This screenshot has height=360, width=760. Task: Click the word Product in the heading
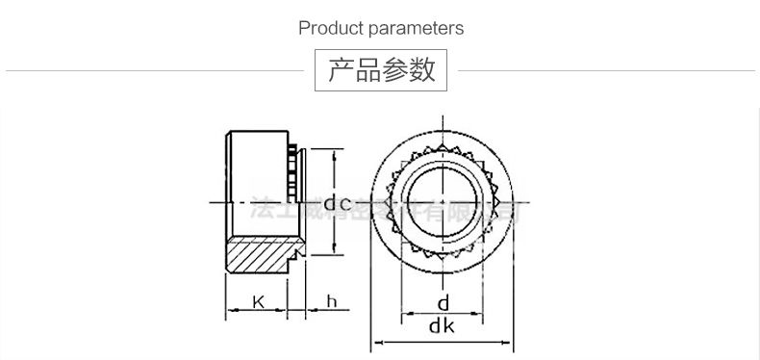(331, 28)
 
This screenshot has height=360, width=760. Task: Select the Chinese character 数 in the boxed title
(422, 70)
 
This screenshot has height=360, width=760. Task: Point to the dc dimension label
(337, 202)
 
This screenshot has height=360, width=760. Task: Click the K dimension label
(258, 302)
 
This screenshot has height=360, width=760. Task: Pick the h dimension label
(331, 302)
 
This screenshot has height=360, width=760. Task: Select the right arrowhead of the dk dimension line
(513, 341)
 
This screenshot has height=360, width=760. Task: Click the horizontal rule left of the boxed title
(154, 71)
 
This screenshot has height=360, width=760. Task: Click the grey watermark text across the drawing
(385, 209)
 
